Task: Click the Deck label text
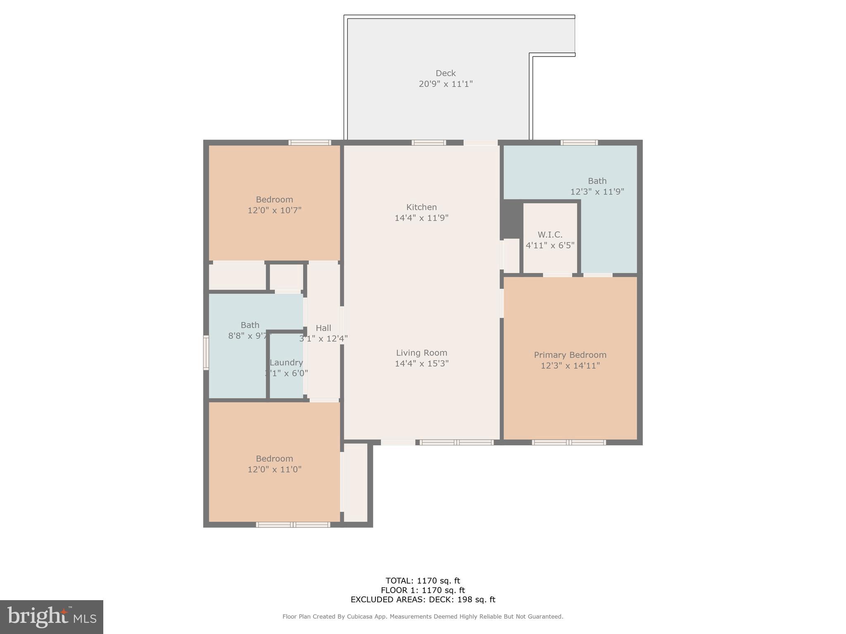(x=445, y=73)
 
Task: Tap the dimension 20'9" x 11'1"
(x=445, y=84)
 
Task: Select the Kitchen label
(x=421, y=207)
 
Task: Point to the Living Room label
(x=421, y=353)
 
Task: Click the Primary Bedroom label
(x=570, y=355)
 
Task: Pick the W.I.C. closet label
(x=550, y=235)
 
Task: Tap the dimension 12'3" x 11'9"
(x=597, y=192)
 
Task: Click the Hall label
(x=323, y=328)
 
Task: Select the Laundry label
(x=286, y=363)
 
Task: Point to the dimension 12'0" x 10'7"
(x=274, y=211)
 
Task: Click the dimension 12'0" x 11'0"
(x=274, y=470)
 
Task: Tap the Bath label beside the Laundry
(x=250, y=325)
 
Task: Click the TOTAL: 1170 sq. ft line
(x=423, y=581)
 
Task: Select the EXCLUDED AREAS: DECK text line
(x=423, y=600)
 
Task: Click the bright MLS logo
(x=52, y=617)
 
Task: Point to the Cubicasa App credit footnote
(x=423, y=617)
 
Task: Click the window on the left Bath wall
(x=206, y=352)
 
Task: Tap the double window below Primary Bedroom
(x=569, y=442)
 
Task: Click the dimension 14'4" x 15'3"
(x=421, y=364)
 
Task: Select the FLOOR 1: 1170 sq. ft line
(x=423, y=590)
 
